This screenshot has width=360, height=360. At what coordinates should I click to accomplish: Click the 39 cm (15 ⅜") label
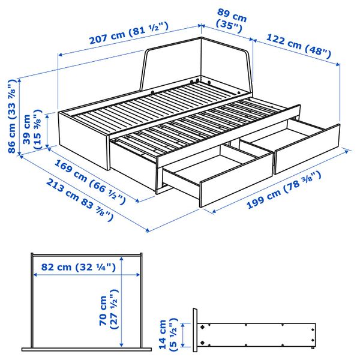pyautogui.click(x=34, y=129)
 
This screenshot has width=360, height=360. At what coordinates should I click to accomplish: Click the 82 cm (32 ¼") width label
pyautogui.click(x=78, y=268)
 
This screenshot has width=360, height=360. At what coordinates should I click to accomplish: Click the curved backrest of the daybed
pyautogui.click(x=198, y=60)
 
